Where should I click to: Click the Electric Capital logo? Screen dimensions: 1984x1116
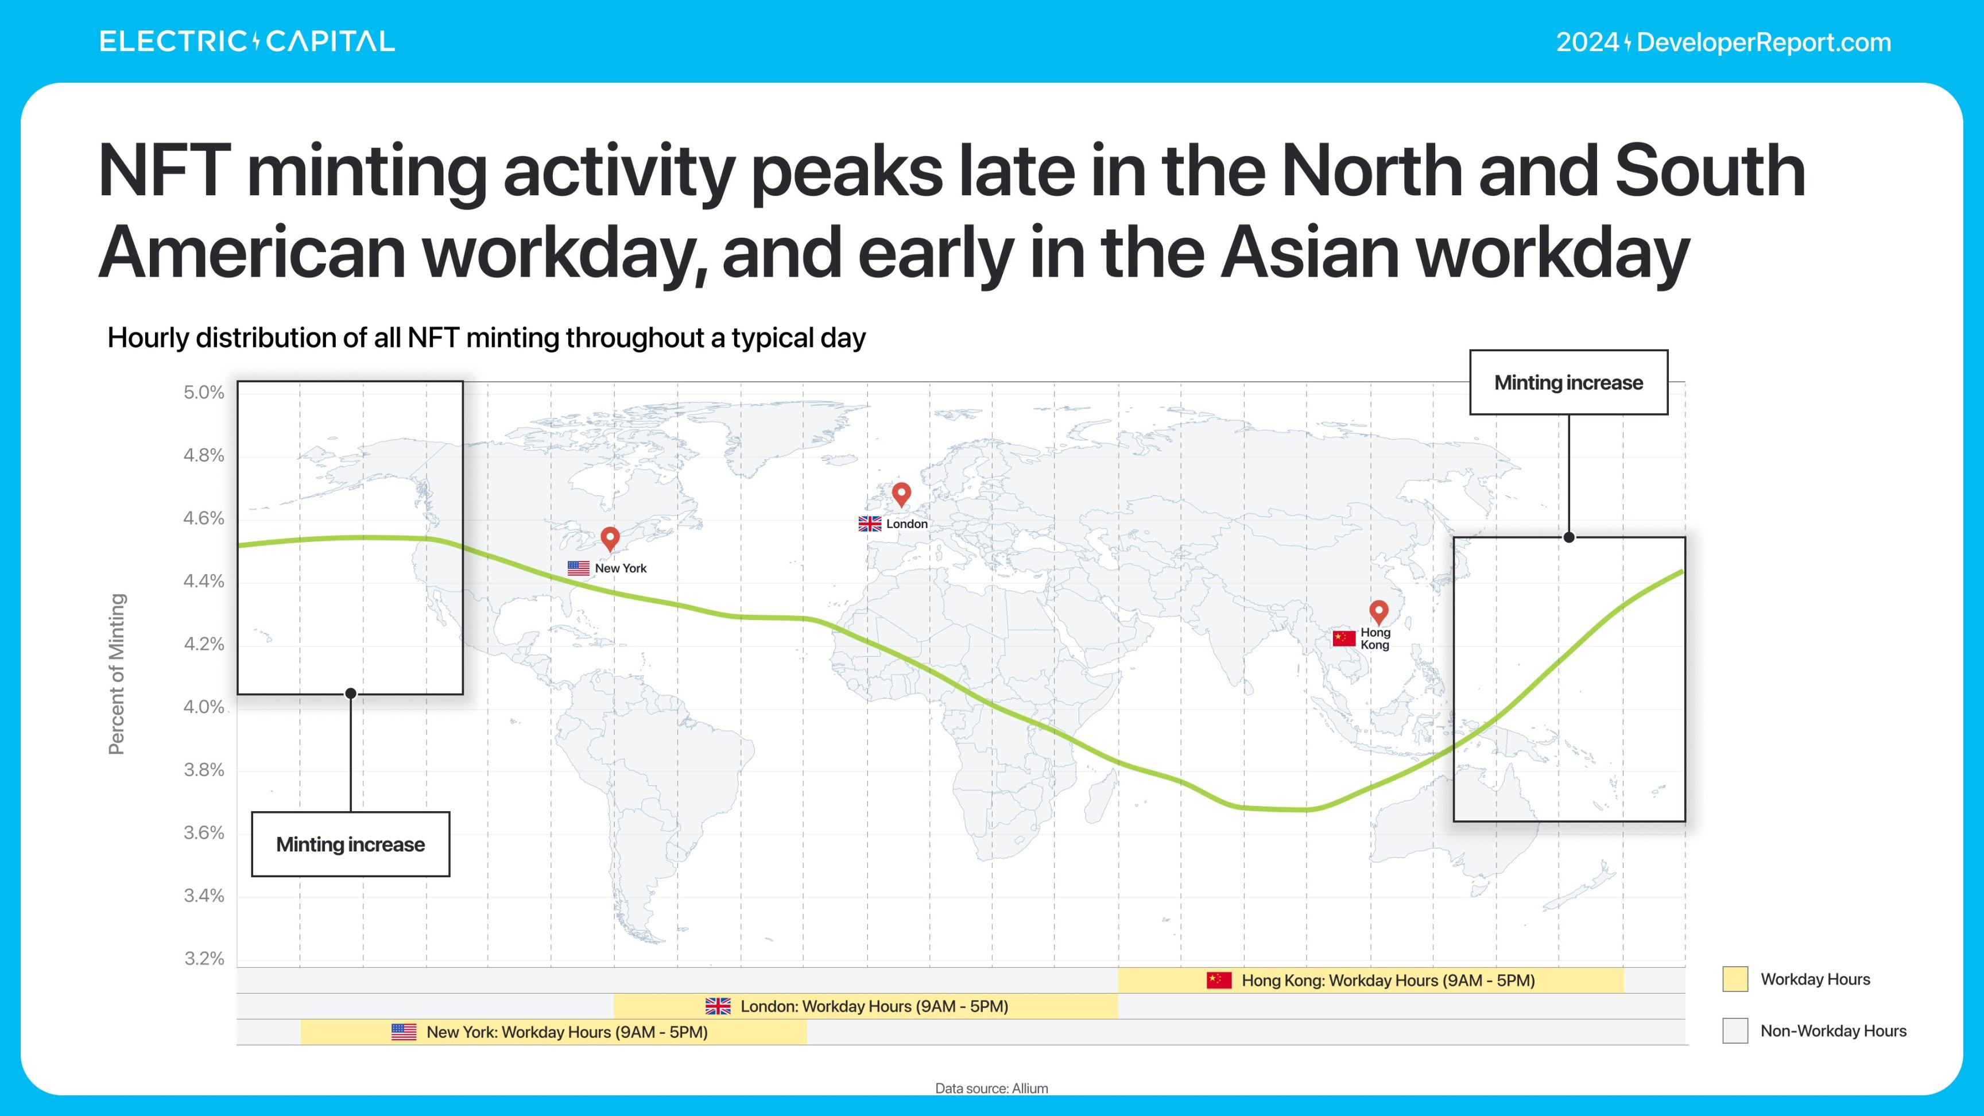coord(247,41)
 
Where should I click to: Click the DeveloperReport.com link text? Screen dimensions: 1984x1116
coord(1764,42)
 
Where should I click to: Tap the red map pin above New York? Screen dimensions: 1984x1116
coord(610,539)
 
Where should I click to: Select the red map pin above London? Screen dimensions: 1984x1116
coord(901,494)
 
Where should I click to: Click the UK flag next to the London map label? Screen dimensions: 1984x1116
coord(870,524)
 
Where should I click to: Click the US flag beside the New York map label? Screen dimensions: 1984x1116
coord(579,568)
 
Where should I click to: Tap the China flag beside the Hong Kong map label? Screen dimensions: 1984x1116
coord(1344,638)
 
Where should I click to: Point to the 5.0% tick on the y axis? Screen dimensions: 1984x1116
coord(203,393)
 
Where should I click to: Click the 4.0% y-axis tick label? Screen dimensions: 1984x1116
coord(203,707)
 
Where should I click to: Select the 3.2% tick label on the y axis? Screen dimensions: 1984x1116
coord(203,959)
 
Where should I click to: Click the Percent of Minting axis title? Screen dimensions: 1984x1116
coord(117,674)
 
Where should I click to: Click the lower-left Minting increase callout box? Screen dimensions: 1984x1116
coord(350,844)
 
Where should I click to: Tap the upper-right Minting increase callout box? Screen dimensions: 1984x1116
coord(1569,383)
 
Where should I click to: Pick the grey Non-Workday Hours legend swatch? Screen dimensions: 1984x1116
coord(1735,1030)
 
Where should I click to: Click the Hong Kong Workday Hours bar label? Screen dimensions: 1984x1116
coord(1388,981)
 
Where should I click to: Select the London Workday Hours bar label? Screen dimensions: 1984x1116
coord(874,1006)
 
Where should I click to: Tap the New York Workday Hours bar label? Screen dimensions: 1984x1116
coord(567,1032)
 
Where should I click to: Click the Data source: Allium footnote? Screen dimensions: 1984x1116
coord(991,1088)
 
